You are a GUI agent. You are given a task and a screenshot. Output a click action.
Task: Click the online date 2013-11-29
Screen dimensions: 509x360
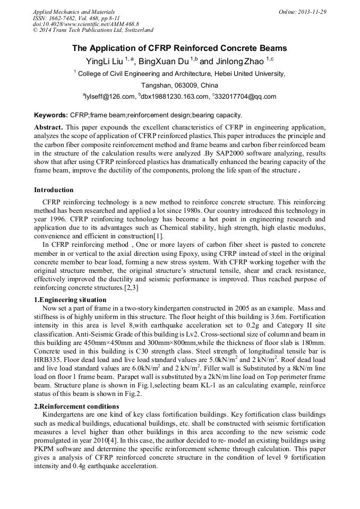coord(312,11)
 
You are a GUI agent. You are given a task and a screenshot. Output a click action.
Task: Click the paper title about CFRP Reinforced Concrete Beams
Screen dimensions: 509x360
coord(179,48)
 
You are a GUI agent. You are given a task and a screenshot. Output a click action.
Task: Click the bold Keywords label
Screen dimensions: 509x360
coord(51,115)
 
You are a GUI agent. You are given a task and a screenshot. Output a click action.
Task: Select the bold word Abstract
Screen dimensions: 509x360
coord(48,128)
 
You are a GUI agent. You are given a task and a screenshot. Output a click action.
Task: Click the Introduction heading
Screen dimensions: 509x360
coord(54,190)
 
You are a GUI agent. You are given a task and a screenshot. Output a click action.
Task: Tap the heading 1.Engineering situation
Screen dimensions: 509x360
coord(70,300)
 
